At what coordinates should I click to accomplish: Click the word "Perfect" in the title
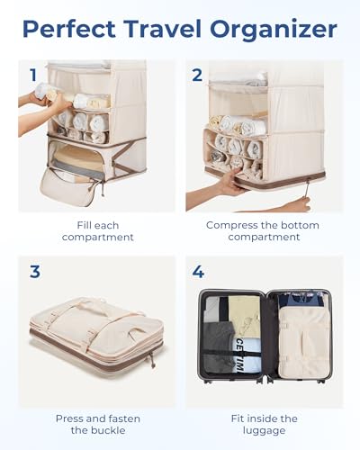pos(71,29)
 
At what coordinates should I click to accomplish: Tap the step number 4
pos(196,270)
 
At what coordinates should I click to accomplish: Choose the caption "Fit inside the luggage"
pos(258,425)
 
